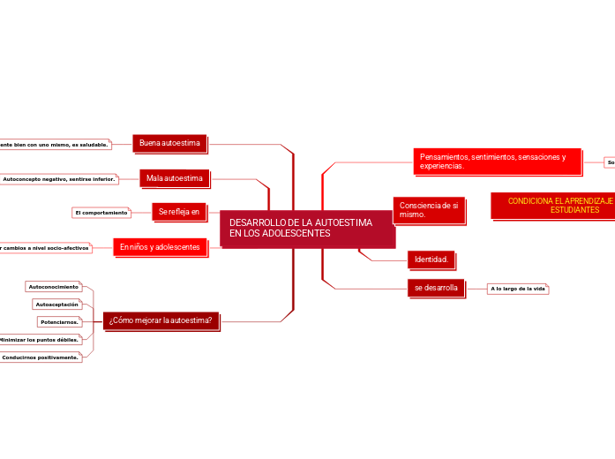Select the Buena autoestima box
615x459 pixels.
pos(169,143)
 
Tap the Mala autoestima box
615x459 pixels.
pos(174,178)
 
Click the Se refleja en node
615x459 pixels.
pos(179,212)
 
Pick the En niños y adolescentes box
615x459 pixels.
pos(160,247)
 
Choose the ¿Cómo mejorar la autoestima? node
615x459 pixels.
pos(161,320)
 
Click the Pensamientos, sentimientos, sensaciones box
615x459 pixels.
pos(497,161)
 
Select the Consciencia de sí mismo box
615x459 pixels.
pos(428,209)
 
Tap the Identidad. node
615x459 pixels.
pos(431,260)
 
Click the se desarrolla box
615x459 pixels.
pos(436,288)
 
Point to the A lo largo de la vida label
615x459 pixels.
pos(519,289)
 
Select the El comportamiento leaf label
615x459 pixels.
pos(101,213)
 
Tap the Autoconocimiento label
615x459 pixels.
pos(54,287)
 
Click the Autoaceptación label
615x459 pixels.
pos(57,305)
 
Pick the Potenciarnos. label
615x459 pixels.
pos(60,322)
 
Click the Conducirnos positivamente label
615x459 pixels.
pos(41,357)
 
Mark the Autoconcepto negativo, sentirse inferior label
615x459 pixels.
pos(59,179)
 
